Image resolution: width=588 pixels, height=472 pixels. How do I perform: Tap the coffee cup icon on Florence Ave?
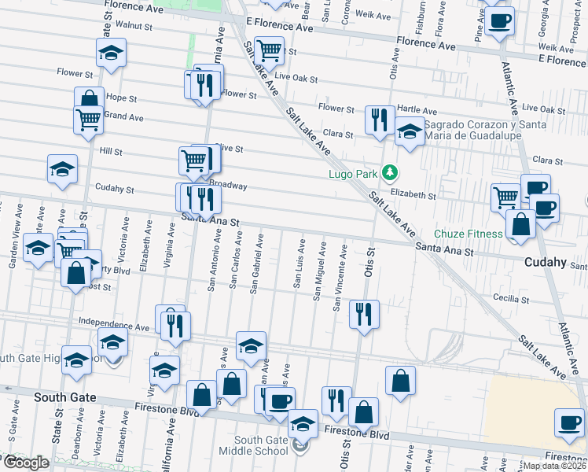498,20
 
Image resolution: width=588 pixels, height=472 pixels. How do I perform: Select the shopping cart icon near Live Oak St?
270,51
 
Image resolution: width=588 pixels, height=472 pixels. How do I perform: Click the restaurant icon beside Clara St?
380,120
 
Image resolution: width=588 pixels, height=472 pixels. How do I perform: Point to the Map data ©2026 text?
554,466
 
